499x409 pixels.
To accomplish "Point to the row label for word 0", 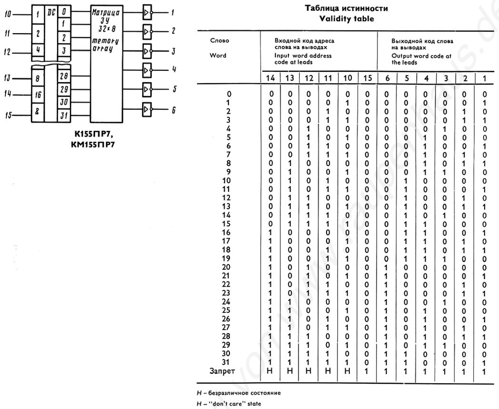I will (x=228, y=93).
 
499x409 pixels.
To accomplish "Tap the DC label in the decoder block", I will (x=50, y=10).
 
